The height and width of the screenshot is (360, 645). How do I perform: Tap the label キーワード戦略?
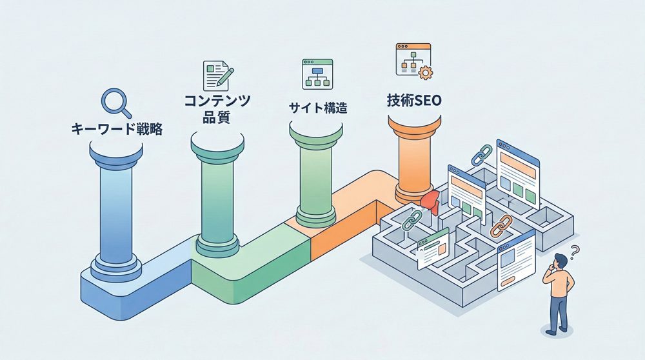click(x=116, y=129)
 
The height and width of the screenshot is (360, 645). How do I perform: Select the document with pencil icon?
click(x=217, y=75)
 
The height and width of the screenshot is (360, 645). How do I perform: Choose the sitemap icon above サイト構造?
click(x=316, y=74)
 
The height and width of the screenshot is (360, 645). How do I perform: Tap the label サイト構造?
click(x=317, y=108)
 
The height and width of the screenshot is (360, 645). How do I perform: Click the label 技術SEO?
click(x=415, y=101)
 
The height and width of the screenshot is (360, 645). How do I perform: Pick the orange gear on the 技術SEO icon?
click(x=424, y=73)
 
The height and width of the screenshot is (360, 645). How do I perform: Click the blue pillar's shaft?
click(x=116, y=206)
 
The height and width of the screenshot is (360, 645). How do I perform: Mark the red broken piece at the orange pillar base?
click(x=430, y=201)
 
